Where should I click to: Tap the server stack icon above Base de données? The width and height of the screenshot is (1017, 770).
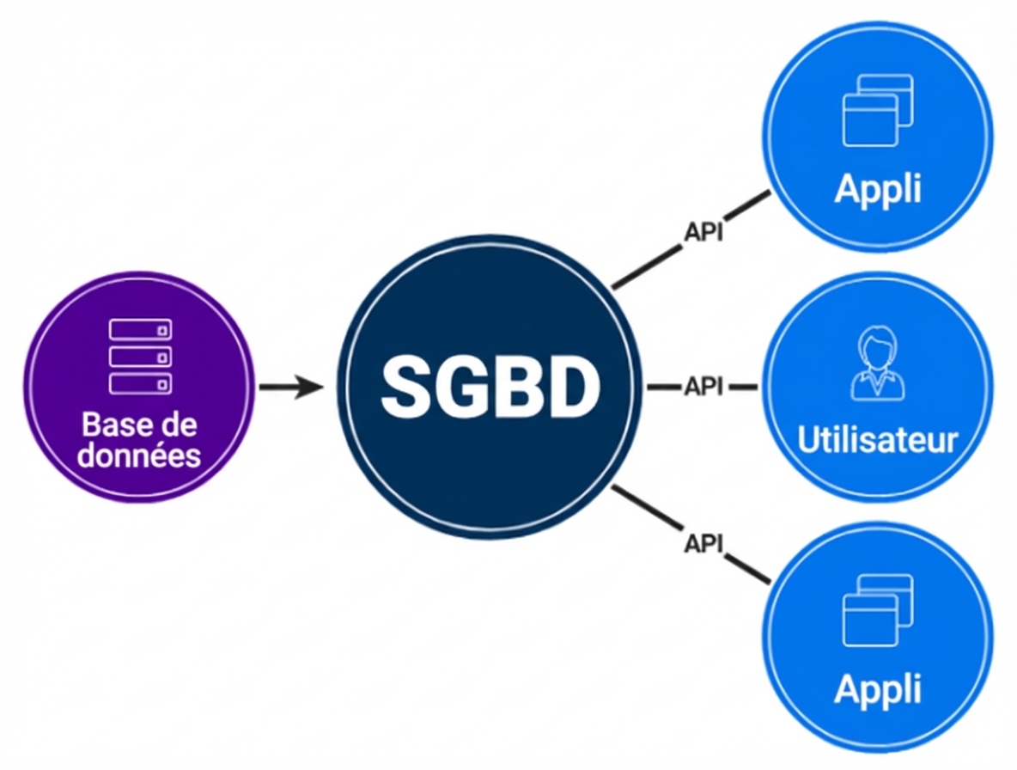coord(139,356)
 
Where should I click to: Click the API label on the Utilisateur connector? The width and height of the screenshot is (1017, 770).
coord(703,388)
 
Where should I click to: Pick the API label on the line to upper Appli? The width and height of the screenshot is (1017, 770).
coord(703,233)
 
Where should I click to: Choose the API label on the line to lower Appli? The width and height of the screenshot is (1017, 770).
coord(703,542)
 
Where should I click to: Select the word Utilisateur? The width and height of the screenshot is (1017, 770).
coord(877,440)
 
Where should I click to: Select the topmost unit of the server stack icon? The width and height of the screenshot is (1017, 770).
coord(139,329)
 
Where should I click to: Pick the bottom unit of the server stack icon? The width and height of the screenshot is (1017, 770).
coord(139,383)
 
